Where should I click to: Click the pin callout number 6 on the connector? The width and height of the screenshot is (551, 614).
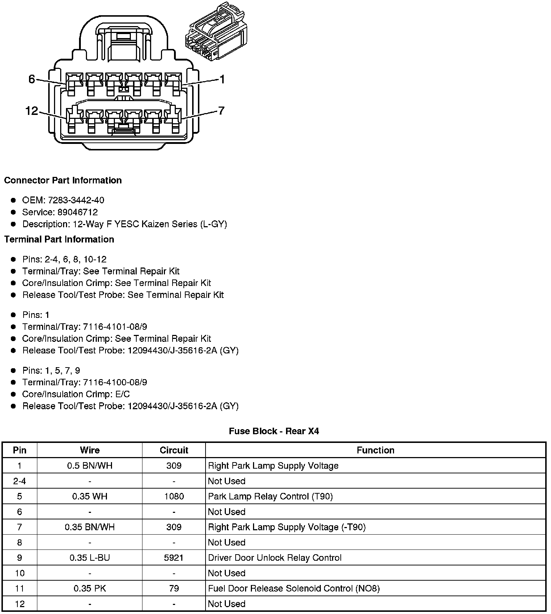tap(32, 79)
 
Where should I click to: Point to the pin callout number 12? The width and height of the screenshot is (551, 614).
tap(32, 111)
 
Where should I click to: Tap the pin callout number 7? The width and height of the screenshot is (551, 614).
tap(221, 110)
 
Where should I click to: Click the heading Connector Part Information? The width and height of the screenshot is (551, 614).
tap(63, 181)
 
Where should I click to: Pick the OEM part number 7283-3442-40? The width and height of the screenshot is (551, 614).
tap(76, 200)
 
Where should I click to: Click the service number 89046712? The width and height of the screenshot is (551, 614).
tap(78, 212)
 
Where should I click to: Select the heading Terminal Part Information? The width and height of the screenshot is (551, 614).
tap(59, 239)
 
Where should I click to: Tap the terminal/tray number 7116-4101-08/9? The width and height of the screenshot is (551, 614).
tap(115, 327)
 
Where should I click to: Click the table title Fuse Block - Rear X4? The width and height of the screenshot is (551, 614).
tap(274, 431)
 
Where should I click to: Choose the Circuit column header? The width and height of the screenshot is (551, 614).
tap(174, 450)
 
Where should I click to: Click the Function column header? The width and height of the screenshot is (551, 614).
tap(375, 450)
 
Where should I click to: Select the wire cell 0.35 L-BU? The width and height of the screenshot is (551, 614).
tap(90, 557)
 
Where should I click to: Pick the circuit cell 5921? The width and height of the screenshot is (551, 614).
tap(174, 557)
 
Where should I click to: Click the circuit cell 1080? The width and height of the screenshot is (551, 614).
tap(174, 496)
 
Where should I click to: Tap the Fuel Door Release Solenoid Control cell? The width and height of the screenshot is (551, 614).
tap(294, 588)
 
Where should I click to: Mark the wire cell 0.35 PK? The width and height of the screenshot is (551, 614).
tap(90, 588)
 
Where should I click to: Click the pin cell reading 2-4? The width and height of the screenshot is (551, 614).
tap(20, 481)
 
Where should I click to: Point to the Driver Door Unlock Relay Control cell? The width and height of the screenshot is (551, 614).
tap(274, 557)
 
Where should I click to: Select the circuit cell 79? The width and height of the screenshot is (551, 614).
tap(174, 588)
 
